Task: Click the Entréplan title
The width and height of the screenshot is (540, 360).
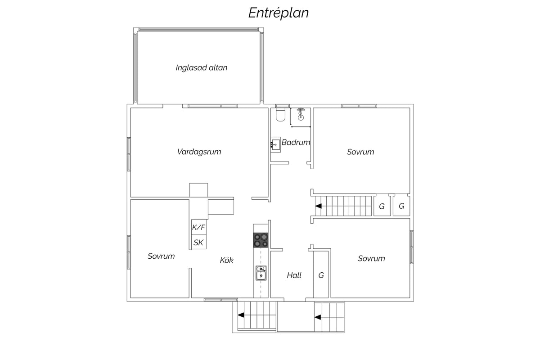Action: (279, 13)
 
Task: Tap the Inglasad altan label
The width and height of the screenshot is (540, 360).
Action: (201, 68)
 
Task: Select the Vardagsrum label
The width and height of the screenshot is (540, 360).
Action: (199, 152)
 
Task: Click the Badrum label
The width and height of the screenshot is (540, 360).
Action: (296, 142)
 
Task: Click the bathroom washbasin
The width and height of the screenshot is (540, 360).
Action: (275, 144)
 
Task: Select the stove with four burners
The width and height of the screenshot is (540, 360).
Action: (261, 240)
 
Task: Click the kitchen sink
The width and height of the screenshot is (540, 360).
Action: (261, 273)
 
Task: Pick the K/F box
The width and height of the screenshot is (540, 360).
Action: (199, 227)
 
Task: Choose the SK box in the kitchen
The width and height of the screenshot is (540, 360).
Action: (199, 242)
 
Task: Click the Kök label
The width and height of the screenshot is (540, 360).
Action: (227, 260)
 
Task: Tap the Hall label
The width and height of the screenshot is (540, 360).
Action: (294, 275)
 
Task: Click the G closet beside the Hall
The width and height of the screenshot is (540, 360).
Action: (321, 274)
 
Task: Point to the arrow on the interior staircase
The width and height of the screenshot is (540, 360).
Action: (319, 206)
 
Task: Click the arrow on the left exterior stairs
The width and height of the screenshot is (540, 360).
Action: (241, 315)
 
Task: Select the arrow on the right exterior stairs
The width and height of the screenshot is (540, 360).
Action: (318, 317)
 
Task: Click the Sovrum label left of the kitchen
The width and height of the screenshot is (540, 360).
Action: (161, 256)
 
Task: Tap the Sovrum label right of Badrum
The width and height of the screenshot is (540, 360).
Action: (360, 152)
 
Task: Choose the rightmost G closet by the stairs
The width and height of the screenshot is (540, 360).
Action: (401, 206)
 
